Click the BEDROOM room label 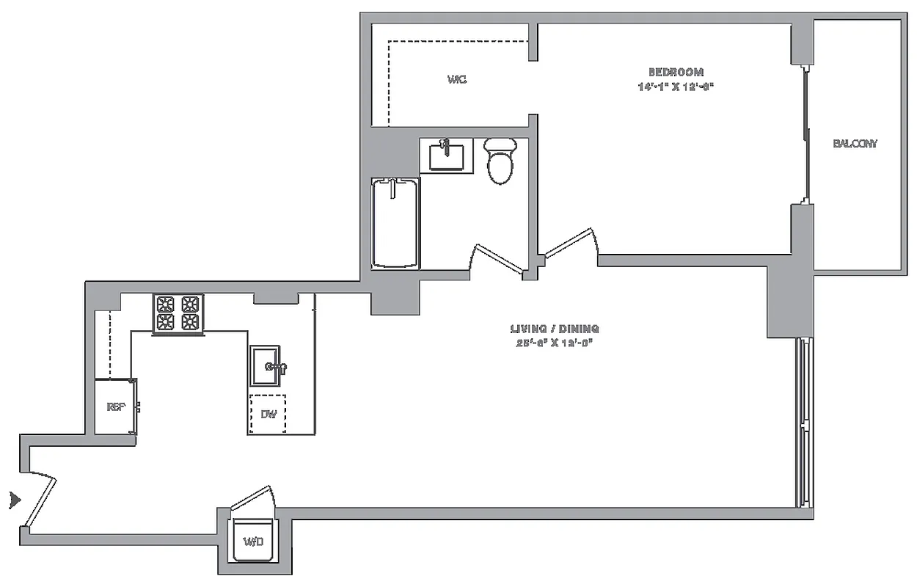tap(676, 72)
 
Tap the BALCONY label tap(855, 144)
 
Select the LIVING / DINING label tap(555, 329)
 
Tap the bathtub tap(395, 222)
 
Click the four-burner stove tap(178, 313)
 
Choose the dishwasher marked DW tap(268, 415)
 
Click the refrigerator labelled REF tap(115, 407)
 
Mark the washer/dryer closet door tap(252, 502)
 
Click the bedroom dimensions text tap(676, 87)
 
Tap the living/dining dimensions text tap(555, 343)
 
